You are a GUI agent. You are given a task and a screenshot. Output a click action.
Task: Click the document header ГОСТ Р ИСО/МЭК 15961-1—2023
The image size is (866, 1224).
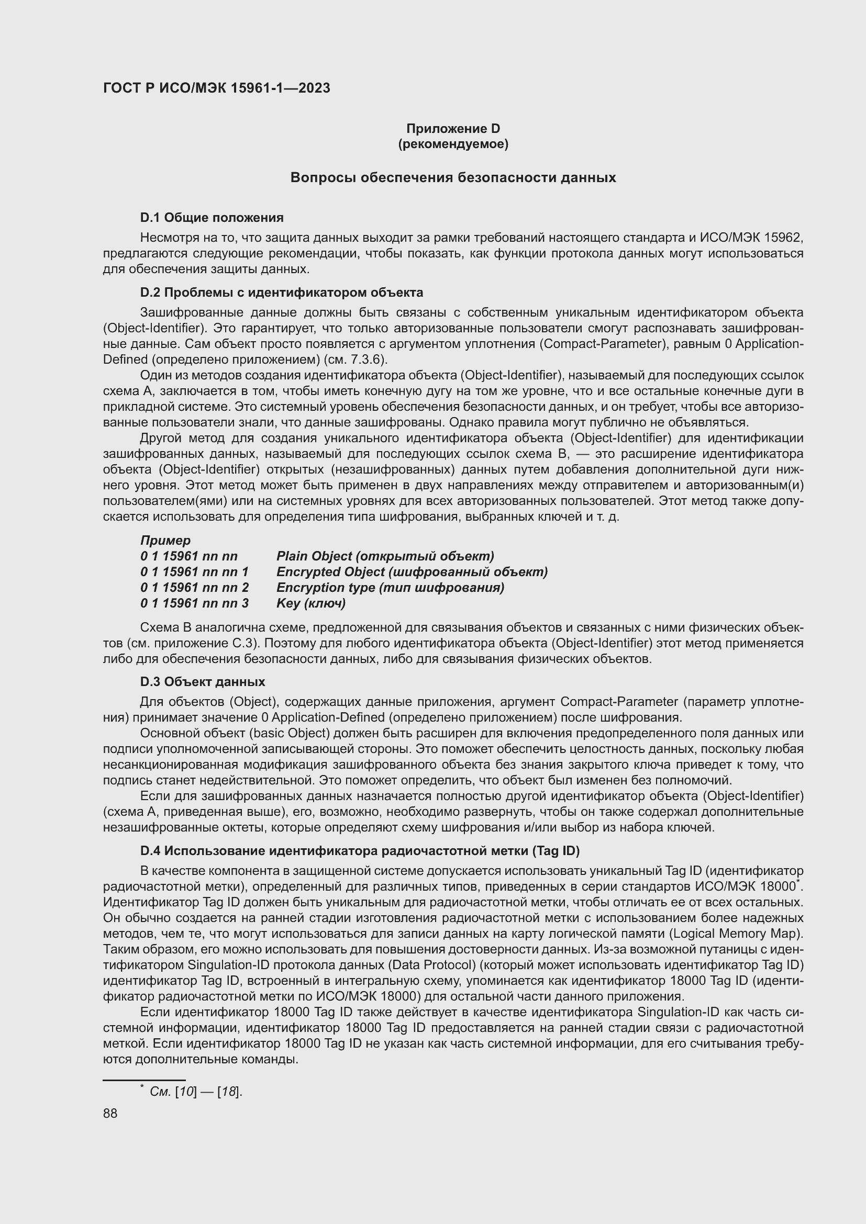click(x=217, y=88)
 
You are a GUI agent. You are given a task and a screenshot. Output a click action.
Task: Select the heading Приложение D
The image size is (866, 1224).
click(x=453, y=129)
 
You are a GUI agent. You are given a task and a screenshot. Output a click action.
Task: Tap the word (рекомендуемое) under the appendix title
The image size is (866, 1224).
click(x=453, y=144)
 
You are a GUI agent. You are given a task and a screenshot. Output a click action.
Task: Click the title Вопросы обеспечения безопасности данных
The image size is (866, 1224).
click(x=453, y=177)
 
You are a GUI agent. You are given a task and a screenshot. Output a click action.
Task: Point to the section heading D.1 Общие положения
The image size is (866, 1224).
click(x=212, y=218)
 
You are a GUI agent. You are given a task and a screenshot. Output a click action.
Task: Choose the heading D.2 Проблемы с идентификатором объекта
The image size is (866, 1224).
click(x=282, y=292)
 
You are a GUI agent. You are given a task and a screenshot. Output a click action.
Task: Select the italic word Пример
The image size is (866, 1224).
click(x=165, y=540)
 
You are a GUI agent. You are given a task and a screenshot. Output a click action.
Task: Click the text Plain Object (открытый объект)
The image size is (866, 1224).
click(x=385, y=556)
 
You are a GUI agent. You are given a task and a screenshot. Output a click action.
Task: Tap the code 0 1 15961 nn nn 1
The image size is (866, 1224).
click(x=195, y=571)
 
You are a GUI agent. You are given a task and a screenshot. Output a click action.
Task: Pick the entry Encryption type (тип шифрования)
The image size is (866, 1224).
click(x=390, y=588)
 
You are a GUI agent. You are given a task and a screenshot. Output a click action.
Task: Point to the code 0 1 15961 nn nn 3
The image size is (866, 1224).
click(x=195, y=603)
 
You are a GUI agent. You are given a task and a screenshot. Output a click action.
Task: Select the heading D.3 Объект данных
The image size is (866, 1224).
click(x=203, y=682)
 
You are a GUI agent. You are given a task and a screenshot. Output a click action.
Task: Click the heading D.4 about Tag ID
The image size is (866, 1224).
click(x=360, y=851)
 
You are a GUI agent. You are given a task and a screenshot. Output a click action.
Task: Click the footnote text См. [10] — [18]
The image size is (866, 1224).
click(x=196, y=1092)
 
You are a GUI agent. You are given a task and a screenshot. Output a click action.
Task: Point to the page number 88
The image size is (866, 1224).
click(x=110, y=1113)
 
